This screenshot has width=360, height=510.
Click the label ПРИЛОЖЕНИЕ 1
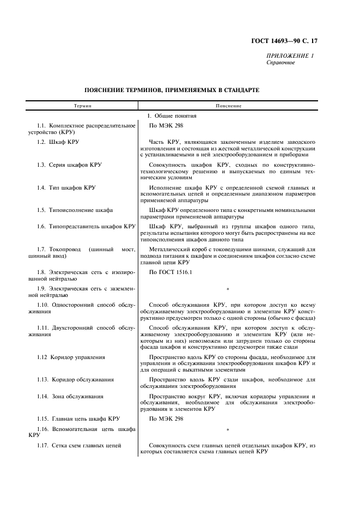point(290,56)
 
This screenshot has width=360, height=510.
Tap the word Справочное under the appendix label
point(280,63)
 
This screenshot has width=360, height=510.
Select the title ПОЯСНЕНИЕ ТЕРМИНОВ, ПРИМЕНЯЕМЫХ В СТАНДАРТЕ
point(172,89)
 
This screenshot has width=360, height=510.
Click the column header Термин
point(83,105)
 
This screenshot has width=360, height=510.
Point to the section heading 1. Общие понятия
point(172,116)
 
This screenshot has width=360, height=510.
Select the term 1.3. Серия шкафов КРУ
point(69,165)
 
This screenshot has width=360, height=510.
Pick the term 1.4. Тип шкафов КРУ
point(66,187)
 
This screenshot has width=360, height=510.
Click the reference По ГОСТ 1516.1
point(170,271)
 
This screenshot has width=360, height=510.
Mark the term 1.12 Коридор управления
point(71,357)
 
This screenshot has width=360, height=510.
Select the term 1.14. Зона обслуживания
point(70,396)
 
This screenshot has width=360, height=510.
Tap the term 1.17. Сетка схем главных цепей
point(80,446)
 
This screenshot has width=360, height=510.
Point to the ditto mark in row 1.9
point(227,289)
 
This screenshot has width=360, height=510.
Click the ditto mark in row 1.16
point(227,431)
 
